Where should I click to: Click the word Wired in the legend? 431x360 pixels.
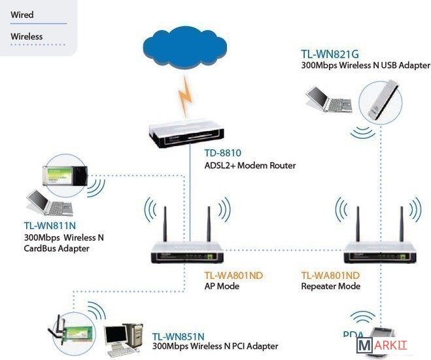pos(22,14)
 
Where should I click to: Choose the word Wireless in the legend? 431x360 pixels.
pos(27,37)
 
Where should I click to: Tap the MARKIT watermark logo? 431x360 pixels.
pos(392,346)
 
